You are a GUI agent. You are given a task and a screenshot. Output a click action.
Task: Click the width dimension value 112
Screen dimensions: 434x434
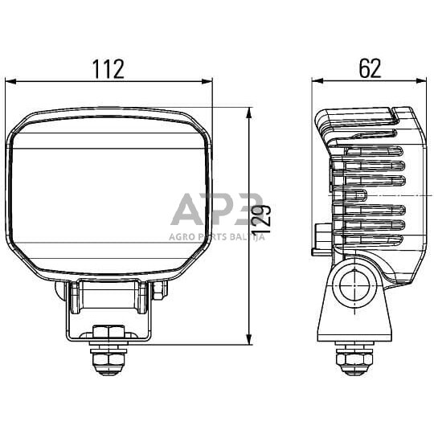pyautogui.click(x=108, y=69)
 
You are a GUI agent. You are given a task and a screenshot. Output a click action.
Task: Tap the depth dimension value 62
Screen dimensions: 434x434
pyautogui.click(x=370, y=69)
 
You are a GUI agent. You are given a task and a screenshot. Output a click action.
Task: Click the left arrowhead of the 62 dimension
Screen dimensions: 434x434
pyautogui.click(x=317, y=81)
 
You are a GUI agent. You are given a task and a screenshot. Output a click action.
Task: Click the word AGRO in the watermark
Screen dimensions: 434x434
pyautogui.click(x=182, y=236)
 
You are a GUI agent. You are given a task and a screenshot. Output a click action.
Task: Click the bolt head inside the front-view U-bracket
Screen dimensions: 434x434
pyautogui.click(x=107, y=331)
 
